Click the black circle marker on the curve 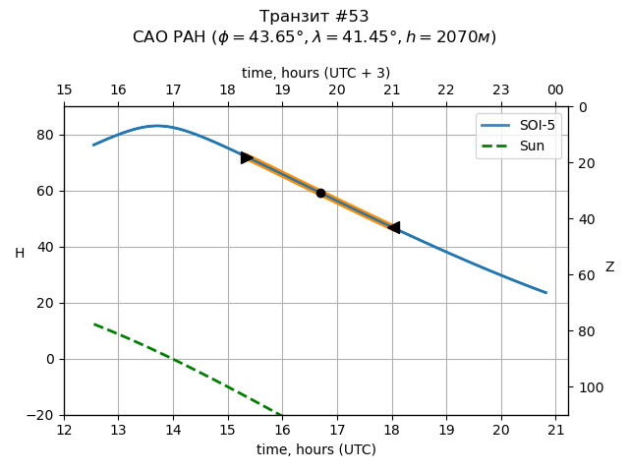pyautogui.click(x=320, y=193)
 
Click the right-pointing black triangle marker pyautogui.click(x=247, y=157)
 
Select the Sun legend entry pyautogui.click(x=519, y=146)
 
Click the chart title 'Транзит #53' pyautogui.click(x=314, y=17)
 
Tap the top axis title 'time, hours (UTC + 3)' pyautogui.click(x=315, y=73)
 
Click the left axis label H pyautogui.click(x=20, y=254)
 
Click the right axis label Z pyautogui.click(x=609, y=266)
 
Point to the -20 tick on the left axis pyautogui.click(x=46, y=415)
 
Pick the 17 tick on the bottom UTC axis pyautogui.click(x=337, y=430)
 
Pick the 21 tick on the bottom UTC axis pyautogui.click(x=556, y=430)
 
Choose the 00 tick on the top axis pyautogui.click(x=555, y=89)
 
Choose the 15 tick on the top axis pyautogui.click(x=64, y=89)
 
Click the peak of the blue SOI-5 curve pyautogui.click(x=156, y=126)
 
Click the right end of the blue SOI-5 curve pyautogui.click(x=545, y=292)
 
